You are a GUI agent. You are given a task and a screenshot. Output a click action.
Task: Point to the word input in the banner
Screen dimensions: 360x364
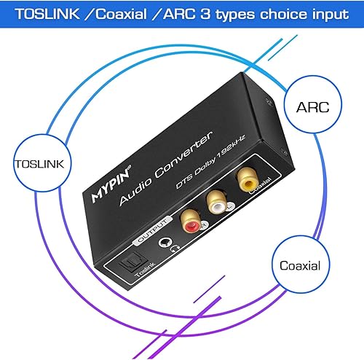pos(325,14)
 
